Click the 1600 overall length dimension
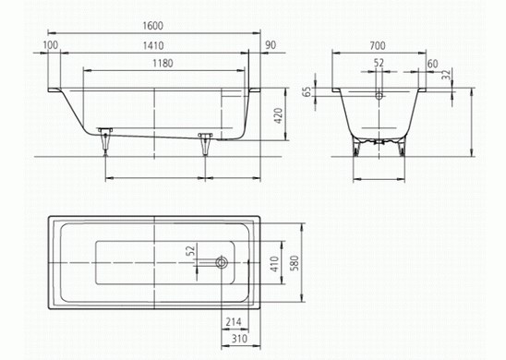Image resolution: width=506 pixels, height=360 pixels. (153, 26)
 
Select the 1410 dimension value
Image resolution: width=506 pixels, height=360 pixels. (153, 45)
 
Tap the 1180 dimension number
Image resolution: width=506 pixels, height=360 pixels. (163, 63)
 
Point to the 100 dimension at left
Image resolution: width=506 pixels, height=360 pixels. (51, 45)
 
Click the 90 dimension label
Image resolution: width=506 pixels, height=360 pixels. (271, 45)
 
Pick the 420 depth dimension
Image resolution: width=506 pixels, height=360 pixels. (278, 115)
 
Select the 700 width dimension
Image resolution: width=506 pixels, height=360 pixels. (378, 46)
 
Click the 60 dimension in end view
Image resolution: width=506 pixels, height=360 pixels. (432, 64)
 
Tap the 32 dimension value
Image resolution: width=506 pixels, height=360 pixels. (446, 75)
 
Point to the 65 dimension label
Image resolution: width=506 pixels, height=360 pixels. (307, 91)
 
